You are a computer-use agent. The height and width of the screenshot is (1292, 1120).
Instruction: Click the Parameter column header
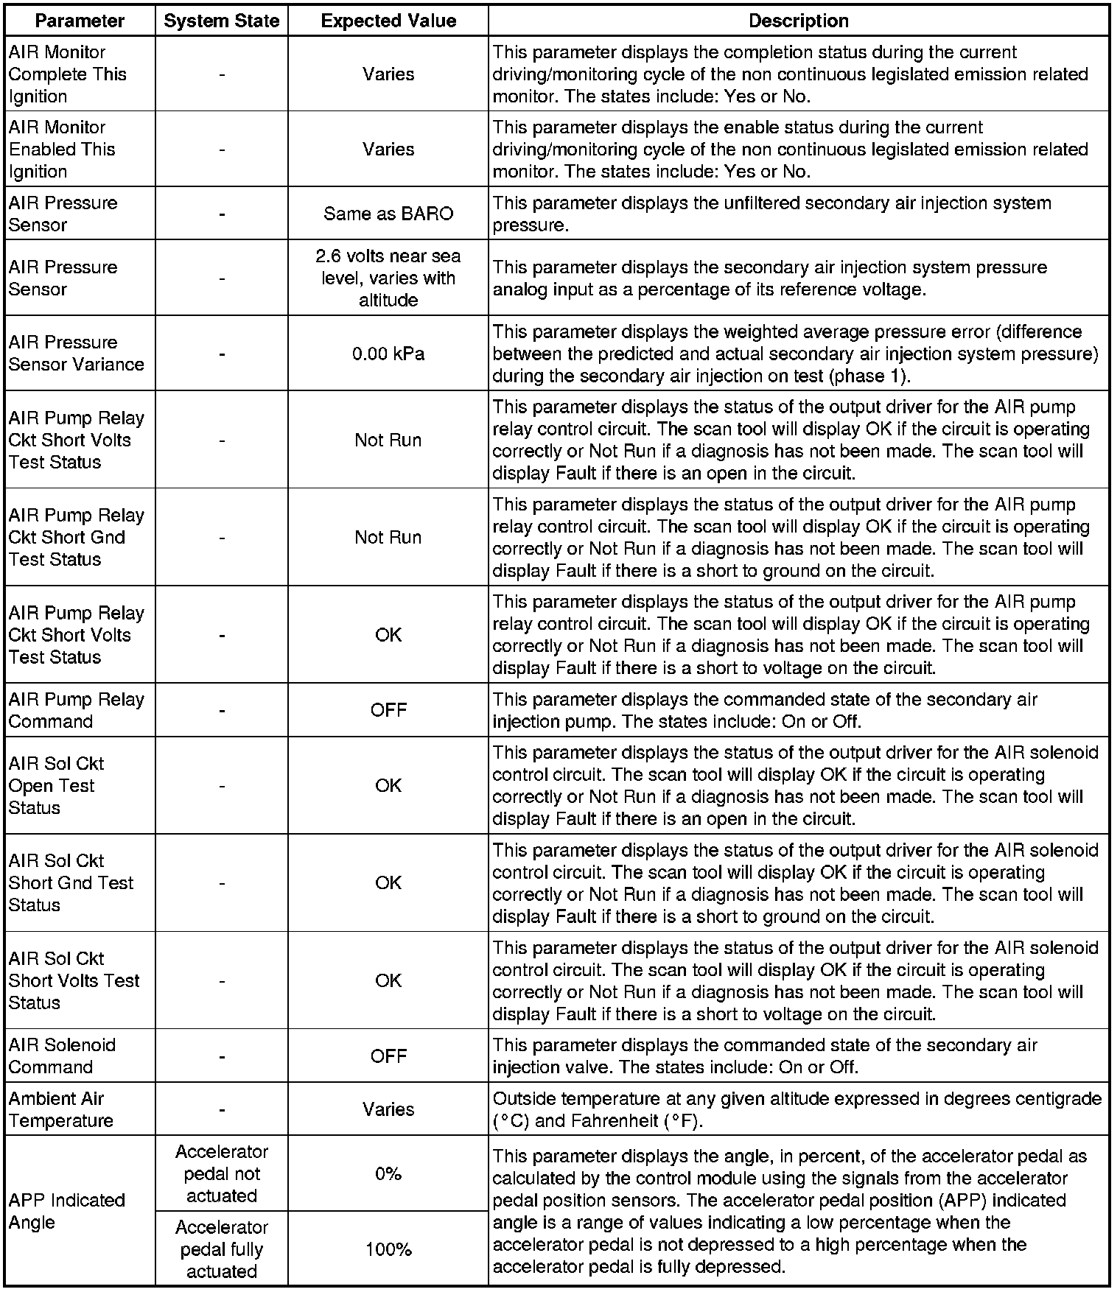pyautogui.click(x=80, y=21)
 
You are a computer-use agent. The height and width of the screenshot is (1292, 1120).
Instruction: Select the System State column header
pyautogui.click(x=221, y=21)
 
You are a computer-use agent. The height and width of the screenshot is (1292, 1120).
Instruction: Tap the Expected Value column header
pyautogui.click(x=388, y=21)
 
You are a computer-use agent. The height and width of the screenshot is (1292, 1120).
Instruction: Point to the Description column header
pyautogui.click(x=798, y=21)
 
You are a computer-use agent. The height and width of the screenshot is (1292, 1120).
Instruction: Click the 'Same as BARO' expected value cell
pyautogui.click(x=388, y=214)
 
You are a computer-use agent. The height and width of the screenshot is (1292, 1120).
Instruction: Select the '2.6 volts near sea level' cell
pyautogui.click(x=388, y=278)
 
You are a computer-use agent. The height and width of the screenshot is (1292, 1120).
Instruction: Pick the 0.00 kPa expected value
pyautogui.click(x=388, y=354)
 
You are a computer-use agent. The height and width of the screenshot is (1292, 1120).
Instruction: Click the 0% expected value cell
pyautogui.click(x=388, y=1173)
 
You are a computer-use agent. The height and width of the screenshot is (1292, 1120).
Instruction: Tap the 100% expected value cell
pyautogui.click(x=388, y=1249)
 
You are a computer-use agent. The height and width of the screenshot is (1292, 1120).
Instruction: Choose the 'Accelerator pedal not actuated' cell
pyautogui.click(x=221, y=1173)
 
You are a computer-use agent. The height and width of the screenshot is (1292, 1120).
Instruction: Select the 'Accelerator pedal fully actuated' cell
pyautogui.click(x=221, y=1249)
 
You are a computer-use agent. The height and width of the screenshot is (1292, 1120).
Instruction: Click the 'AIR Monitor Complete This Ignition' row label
pyautogui.click(x=67, y=74)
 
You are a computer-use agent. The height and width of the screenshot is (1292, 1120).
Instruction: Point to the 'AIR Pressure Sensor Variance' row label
pyautogui.click(x=76, y=354)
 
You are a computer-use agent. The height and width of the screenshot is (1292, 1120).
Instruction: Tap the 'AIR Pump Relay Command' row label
pyautogui.click(x=76, y=710)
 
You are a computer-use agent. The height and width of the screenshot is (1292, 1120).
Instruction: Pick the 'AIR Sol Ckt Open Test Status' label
pyautogui.click(x=56, y=785)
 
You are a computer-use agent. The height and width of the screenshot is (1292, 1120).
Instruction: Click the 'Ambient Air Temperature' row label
pyautogui.click(x=61, y=1109)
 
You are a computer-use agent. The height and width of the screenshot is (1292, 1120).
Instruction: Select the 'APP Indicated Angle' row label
pyautogui.click(x=66, y=1211)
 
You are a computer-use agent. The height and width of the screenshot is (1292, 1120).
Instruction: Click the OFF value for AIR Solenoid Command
pyautogui.click(x=388, y=1056)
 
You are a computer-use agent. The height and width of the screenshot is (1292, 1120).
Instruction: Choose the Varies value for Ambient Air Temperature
pyautogui.click(x=388, y=1109)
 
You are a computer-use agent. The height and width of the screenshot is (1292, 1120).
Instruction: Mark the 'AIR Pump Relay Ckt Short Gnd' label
pyautogui.click(x=76, y=537)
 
